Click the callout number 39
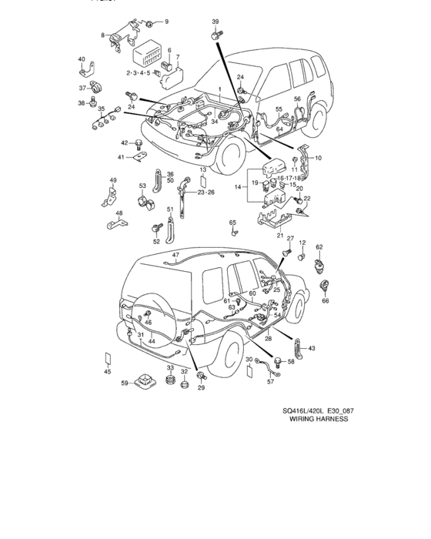point(215,21)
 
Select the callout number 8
point(103,35)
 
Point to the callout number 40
point(82,59)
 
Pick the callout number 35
point(101,110)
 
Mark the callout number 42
point(124,142)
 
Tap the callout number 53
point(142,186)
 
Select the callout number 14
point(238,186)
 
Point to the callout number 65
point(232,223)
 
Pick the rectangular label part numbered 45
point(109,361)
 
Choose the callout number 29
point(201,387)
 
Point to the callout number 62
point(319,247)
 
